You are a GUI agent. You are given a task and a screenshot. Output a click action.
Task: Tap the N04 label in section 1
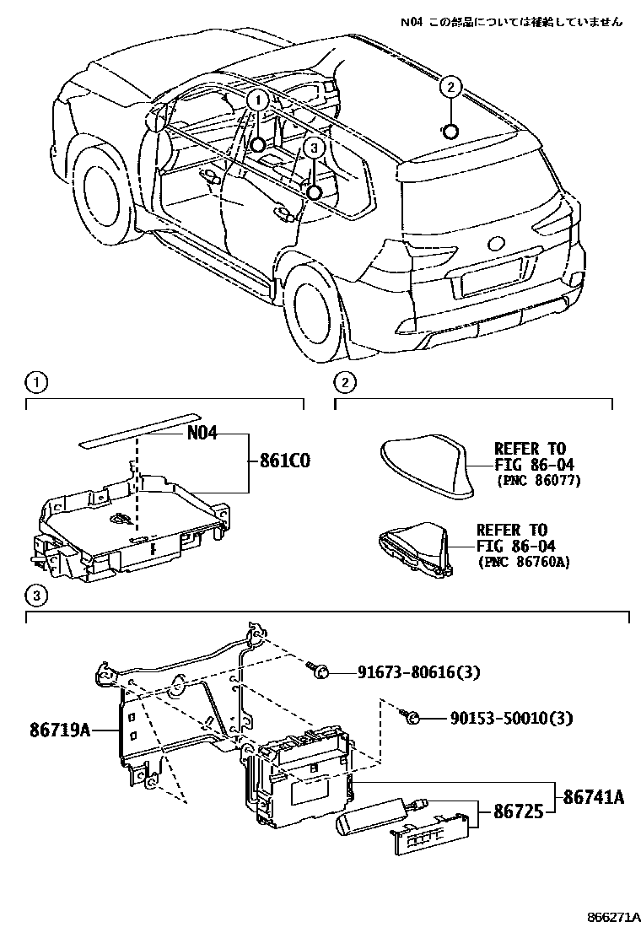click(202, 434)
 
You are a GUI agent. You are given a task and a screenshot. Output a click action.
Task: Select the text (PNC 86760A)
click(523, 561)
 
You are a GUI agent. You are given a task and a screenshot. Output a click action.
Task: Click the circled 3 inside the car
click(313, 148)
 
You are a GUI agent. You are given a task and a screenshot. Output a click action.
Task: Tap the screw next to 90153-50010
click(412, 717)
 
